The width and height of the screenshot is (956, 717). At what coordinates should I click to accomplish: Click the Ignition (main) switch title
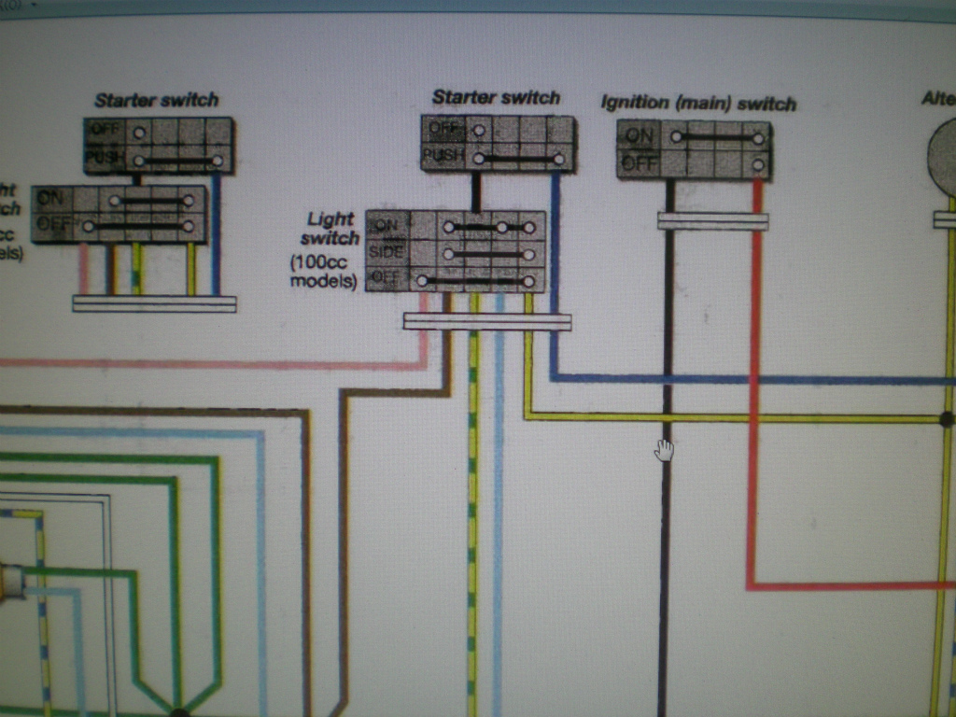tap(697, 103)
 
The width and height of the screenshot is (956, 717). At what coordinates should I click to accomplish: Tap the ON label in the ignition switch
tap(640, 136)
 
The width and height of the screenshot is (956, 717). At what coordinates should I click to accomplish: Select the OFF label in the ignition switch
tap(640, 163)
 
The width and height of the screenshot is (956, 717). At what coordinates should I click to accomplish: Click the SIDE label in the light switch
tap(387, 252)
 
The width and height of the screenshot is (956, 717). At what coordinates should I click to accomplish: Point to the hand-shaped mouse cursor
tap(664, 450)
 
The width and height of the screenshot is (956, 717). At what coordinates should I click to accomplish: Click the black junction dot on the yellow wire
tap(946, 419)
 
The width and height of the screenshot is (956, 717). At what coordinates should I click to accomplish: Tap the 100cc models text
tap(324, 272)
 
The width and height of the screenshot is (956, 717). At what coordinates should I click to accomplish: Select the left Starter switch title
tap(156, 100)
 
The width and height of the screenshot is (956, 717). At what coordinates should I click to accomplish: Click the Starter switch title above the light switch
tap(496, 97)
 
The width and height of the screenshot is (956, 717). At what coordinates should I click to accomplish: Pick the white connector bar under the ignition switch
tap(712, 221)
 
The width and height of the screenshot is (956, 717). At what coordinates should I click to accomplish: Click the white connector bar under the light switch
tap(486, 321)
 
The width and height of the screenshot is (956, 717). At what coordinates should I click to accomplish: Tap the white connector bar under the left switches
tap(154, 303)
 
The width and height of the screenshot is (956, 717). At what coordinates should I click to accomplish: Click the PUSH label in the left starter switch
tap(105, 158)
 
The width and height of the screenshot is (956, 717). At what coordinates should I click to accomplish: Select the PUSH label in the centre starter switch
tap(442, 155)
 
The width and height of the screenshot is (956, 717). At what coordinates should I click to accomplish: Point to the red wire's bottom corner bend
tap(751, 586)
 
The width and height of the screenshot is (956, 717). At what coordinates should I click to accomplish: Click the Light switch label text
tap(330, 228)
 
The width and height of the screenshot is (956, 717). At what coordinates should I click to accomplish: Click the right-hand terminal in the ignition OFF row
tap(758, 164)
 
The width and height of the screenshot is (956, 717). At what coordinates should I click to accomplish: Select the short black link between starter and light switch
tap(475, 191)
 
